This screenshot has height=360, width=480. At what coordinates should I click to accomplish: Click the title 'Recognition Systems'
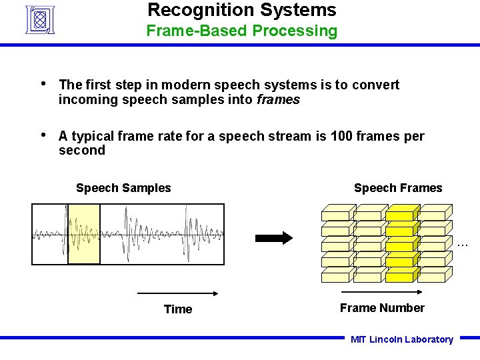tap(241, 10)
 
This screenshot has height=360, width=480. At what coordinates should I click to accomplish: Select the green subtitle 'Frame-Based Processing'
tap(241, 31)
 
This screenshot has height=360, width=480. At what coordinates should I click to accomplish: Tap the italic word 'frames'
tap(278, 100)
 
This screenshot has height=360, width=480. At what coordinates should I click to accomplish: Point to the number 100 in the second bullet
tap(341, 137)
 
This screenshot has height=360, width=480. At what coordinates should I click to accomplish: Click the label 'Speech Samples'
tap(123, 188)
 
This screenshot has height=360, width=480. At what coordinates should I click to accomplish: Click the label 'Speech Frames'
tap(397, 188)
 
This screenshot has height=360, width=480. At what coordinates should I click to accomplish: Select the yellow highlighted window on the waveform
tap(84, 234)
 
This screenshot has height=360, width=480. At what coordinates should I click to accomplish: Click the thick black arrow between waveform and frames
tap(274, 238)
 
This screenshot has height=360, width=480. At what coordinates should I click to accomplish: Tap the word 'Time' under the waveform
tap(178, 309)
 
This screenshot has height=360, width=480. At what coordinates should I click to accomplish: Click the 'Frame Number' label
tap(382, 308)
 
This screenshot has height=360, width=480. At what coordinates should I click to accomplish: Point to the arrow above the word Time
tap(178, 293)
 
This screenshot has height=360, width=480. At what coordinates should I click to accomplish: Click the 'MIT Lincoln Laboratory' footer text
tap(402, 339)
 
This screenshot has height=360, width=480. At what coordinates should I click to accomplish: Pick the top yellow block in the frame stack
tap(401, 213)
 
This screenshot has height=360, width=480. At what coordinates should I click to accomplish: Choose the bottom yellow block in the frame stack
tap(401, 275)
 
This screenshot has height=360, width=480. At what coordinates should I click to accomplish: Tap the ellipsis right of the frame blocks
tap(463, 245)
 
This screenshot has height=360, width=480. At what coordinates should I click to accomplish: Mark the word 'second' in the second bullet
tap(81, 151)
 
